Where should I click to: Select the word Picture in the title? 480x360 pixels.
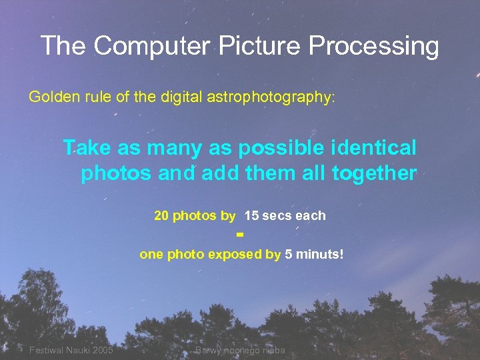pos(251,47)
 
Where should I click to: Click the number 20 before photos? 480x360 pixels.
pos(161,216)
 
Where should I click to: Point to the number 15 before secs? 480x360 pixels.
pos(252,216)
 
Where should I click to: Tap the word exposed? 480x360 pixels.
pos(235,254)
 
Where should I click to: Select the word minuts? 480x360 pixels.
pos(320,254)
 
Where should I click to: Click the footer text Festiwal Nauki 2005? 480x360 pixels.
pos(71,351)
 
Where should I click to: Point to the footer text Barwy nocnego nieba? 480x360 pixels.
pos(240,351)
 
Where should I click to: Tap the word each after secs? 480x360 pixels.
pos(311,216)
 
